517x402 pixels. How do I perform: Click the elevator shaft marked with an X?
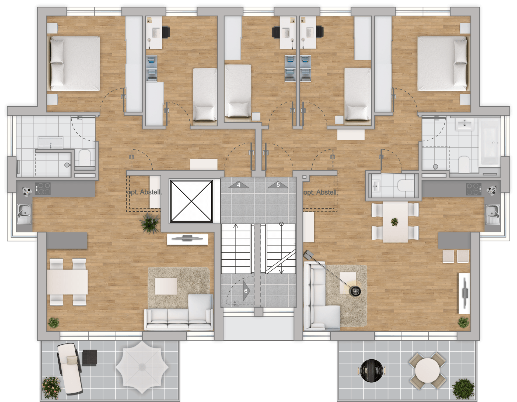click(x=191, y=201)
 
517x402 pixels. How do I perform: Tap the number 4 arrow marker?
click(x=239, y=185)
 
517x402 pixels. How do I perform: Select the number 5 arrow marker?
click(x=278, y=185)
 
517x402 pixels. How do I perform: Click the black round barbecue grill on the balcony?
click(x=372, y=371)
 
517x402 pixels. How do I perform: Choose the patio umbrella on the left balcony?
click(x=142, y=367)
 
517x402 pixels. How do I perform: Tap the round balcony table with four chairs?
click(x=427, y=370)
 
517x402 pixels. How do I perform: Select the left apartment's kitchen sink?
click(x=24, y=214)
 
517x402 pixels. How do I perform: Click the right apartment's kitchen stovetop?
click(x=474, y=189)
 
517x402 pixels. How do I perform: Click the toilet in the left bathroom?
click(x=85, y=157)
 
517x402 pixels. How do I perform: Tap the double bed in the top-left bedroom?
click(x=74, y=64)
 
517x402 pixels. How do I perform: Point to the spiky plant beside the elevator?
click(x=149, y=223)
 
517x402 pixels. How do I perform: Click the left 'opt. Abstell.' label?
click(x=144, y=192)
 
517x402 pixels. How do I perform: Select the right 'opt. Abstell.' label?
click(x=320, y=192)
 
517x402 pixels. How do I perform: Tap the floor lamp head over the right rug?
click(x=355, y=291)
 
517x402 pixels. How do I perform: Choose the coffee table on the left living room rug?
click(x=166, y=286)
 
